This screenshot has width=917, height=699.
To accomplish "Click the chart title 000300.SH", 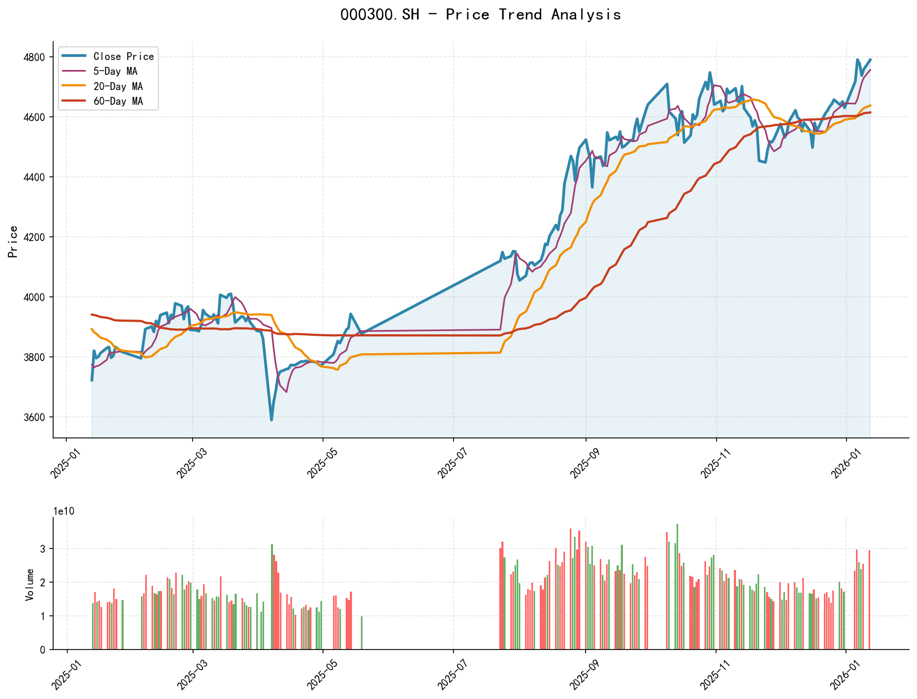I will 480,15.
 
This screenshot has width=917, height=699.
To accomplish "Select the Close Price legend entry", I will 123,56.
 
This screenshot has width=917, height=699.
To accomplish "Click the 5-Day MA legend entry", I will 115,71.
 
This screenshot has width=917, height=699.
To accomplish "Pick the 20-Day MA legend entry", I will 118,86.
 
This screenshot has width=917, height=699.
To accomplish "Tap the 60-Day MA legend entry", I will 118,101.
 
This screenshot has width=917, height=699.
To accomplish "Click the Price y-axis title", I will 13,242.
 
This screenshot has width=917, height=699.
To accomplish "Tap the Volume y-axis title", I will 29,584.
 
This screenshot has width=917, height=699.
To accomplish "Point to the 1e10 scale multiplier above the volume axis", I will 64,512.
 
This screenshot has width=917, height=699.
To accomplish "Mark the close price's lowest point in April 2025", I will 271,420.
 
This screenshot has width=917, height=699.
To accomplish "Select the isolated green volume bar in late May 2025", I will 361,633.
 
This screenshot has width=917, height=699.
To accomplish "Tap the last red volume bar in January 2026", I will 869,600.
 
